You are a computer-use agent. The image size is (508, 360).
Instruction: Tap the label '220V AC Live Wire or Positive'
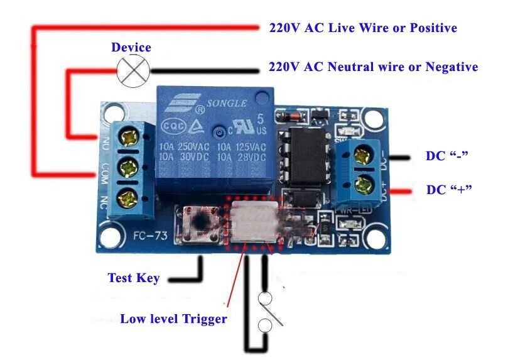(x=362, y=28)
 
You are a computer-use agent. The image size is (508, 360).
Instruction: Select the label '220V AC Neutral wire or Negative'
(x=373, y=67)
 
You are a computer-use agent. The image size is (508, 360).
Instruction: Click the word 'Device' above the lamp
(x=131, y=48)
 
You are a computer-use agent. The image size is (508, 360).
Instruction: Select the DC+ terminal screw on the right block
(x=362, y=185)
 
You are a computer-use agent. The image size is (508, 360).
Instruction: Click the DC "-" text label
(x=448, y=156)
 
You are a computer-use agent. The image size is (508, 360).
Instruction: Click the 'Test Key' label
(x=133, y=278)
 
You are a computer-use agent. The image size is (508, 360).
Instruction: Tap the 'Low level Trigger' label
(x=173, y=319)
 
